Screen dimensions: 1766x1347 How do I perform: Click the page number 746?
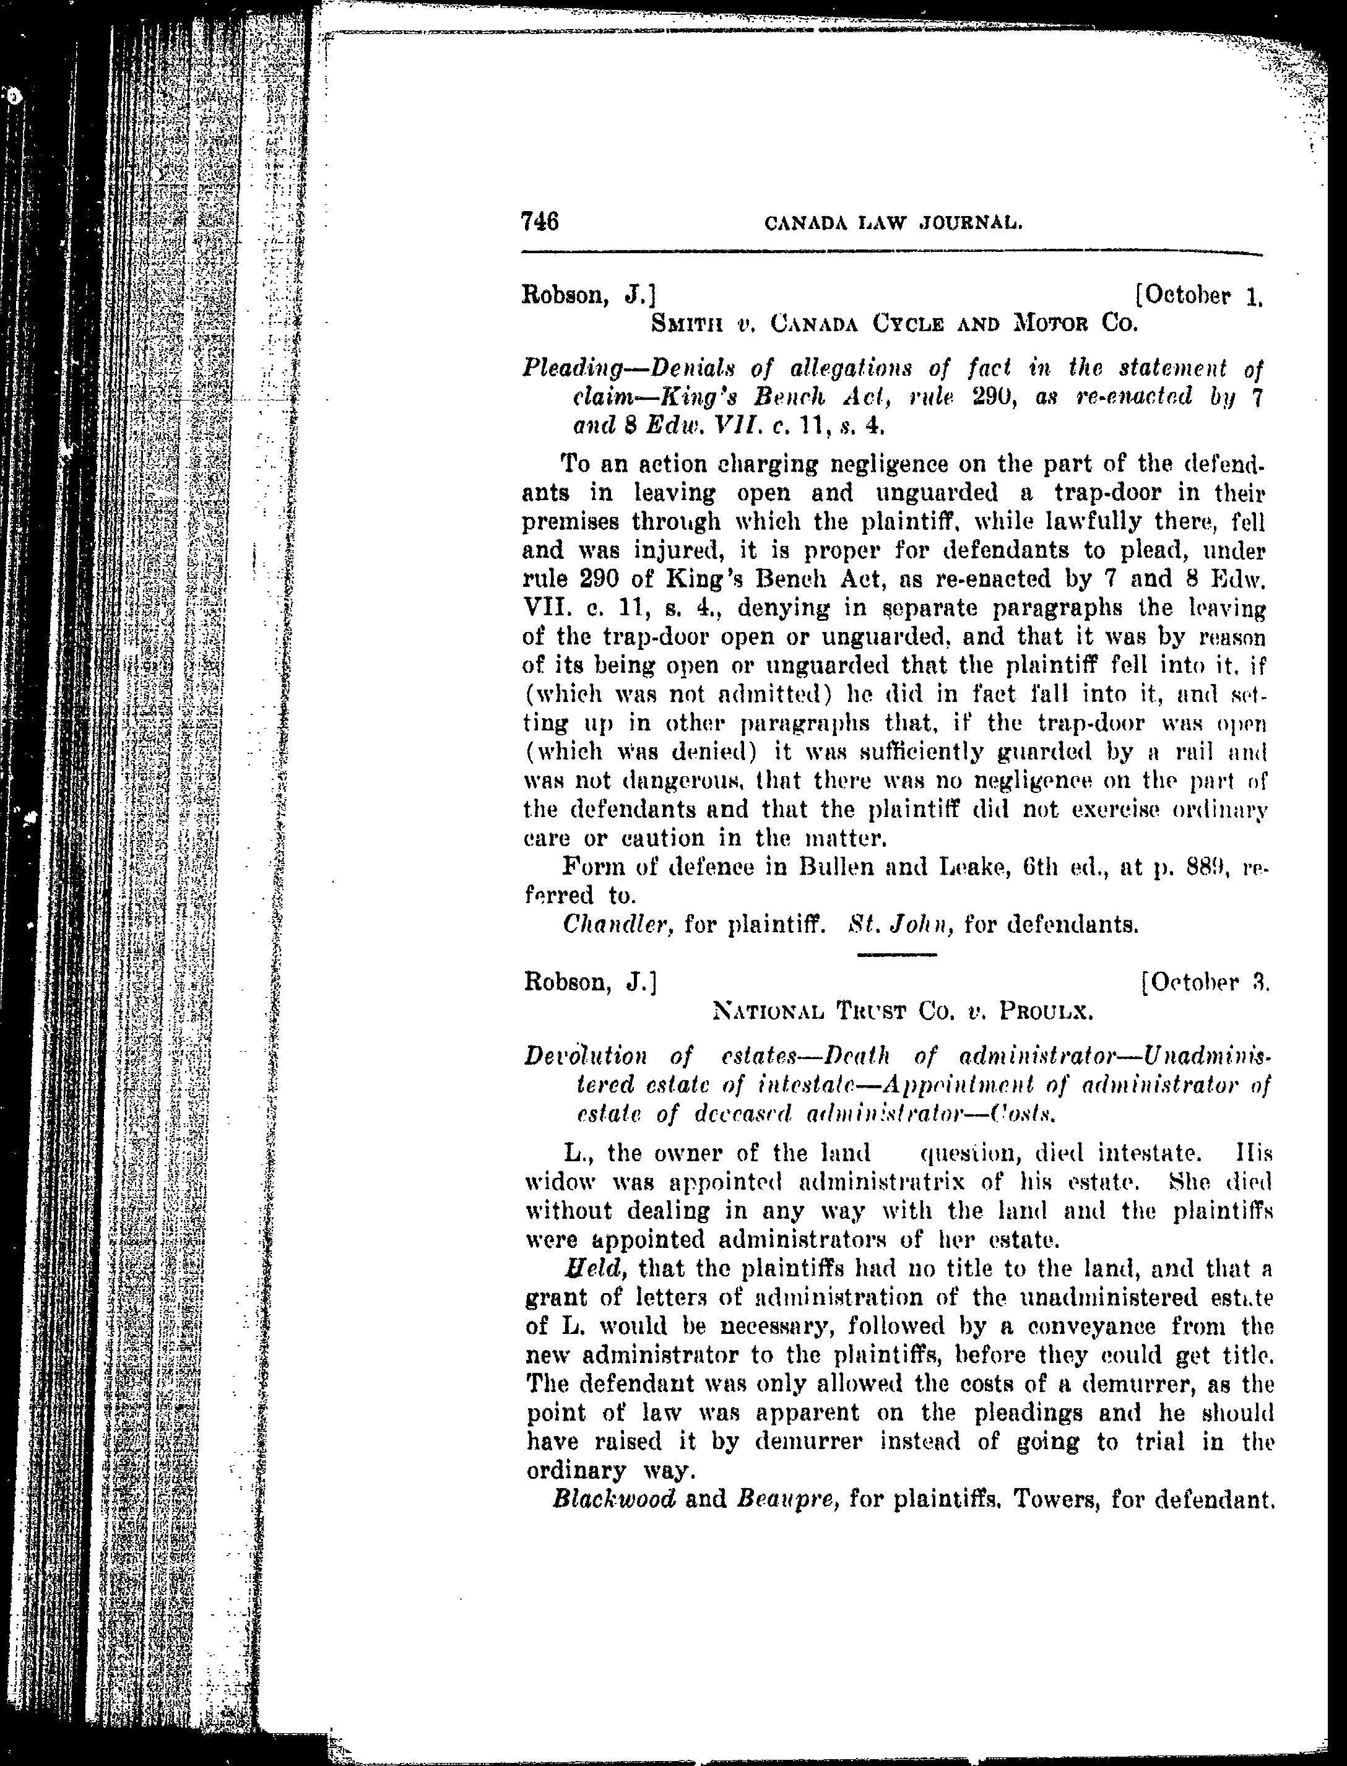click(540, 220)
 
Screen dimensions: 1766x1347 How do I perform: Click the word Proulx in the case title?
click(1046, 1013)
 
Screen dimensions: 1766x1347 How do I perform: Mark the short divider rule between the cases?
click(896, 954)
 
